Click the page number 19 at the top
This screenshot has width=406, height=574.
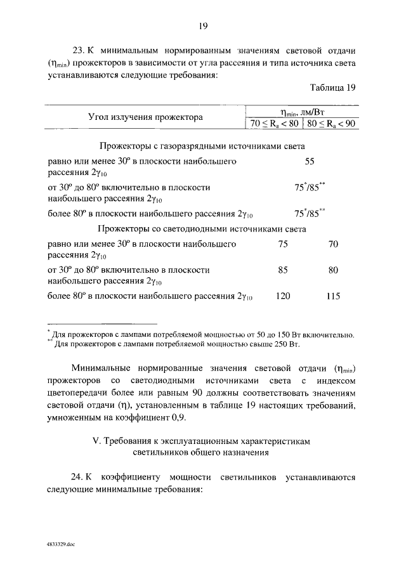point(203,26)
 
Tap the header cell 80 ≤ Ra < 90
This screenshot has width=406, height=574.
point(331,122)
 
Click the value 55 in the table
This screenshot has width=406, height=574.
point(310,162)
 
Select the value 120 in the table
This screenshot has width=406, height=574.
point(282,296)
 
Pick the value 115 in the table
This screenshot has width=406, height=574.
point(333,296)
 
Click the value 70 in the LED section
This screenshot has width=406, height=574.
point(333,244)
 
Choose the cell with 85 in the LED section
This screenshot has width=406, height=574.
point(283,270)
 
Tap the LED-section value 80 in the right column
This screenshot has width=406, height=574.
point(333,270)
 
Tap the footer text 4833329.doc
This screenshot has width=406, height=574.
point(60,544)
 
